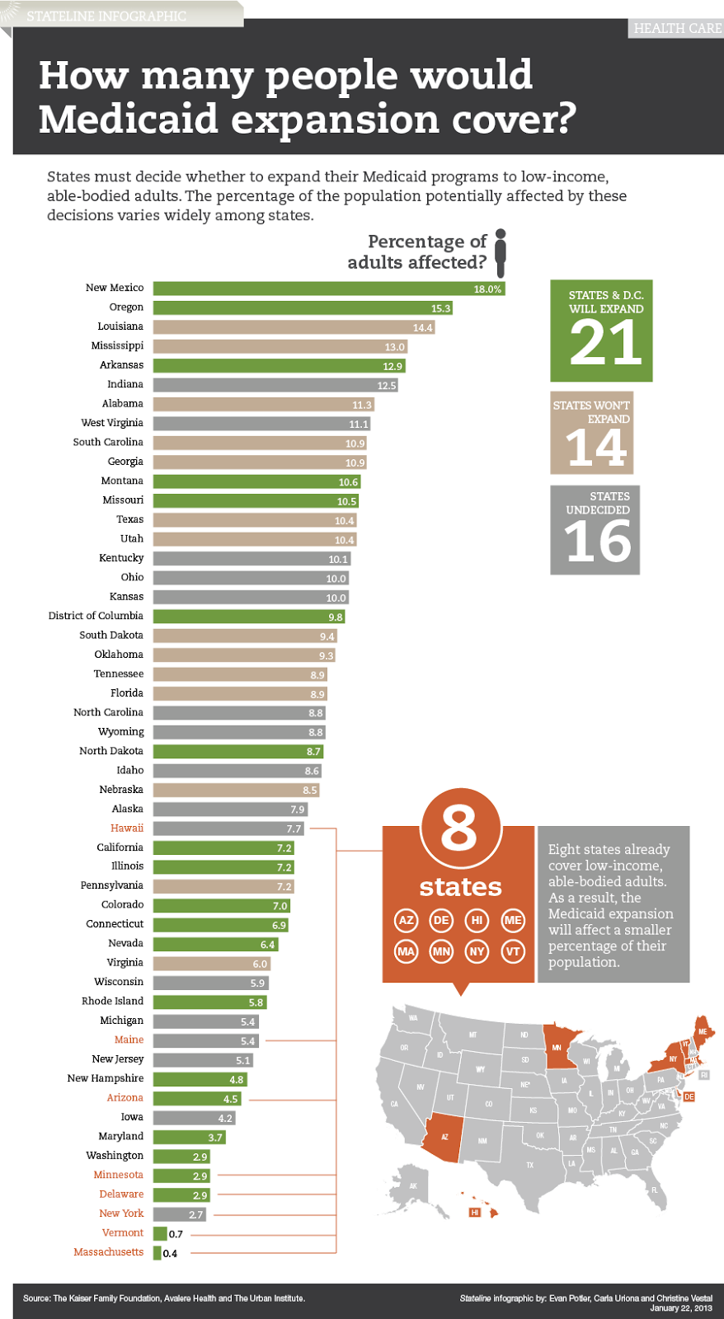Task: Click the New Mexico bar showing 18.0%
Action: [328, 289]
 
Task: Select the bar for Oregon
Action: [303, 307]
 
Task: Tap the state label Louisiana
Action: [120, 326]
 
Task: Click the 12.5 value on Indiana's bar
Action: [387, 385]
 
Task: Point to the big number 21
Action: [605, 343]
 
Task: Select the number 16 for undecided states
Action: [598, 542]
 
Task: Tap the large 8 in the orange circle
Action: [459, 828]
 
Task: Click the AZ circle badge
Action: [406, 920]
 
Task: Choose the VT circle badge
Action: [513, 951]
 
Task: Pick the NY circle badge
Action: [477, 951]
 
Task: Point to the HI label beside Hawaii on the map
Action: [474, 1212]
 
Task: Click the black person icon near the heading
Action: [500, 253]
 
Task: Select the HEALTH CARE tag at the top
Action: [677, 28]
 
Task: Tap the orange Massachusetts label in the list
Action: [108, 1252]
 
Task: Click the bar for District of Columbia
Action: [249, 617]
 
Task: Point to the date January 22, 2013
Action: [680, 1308]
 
